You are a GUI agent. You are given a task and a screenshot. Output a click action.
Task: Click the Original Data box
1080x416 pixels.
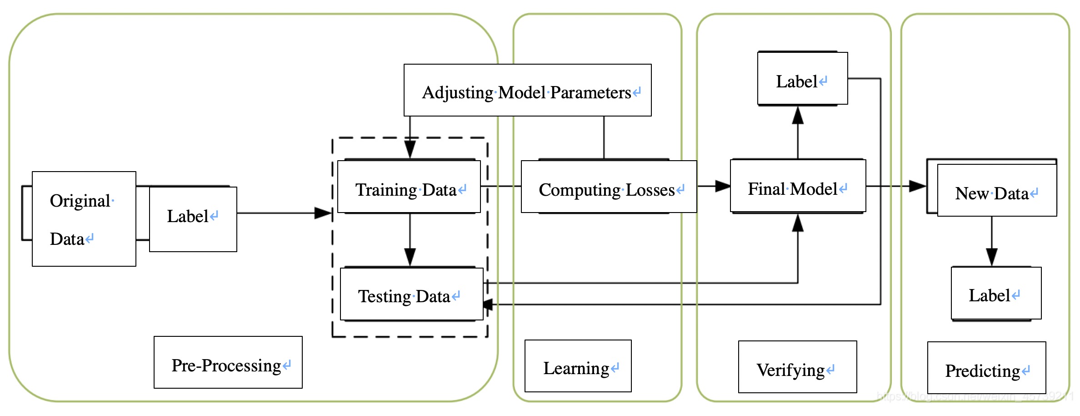84,219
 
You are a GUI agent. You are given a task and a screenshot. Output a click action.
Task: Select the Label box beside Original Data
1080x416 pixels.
193,219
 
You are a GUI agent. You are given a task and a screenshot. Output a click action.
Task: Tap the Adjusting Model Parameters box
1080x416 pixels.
528,90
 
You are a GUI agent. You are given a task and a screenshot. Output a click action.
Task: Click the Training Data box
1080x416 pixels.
409,187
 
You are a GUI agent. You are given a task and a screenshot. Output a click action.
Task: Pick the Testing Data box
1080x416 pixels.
411,294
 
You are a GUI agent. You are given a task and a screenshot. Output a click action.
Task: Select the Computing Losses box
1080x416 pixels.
609,187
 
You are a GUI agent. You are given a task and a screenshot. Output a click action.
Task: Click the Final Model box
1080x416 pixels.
798,186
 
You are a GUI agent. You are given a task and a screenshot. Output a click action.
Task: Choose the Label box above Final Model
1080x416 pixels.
803,78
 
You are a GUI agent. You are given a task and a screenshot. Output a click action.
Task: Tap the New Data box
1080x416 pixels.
997,190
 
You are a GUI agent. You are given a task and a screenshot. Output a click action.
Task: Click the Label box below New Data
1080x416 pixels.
996,293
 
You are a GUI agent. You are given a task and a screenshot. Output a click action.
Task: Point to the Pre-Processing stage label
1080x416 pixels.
228,362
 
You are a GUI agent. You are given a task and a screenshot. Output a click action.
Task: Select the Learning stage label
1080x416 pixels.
578,366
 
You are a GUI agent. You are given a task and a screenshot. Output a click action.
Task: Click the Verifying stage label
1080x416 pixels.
798,367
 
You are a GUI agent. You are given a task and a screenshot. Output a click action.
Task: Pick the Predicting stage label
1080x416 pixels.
987,368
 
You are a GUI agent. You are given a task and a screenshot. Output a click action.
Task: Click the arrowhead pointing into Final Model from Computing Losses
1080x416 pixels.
723,186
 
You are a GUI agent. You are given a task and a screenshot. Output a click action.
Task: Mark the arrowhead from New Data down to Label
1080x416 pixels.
992,258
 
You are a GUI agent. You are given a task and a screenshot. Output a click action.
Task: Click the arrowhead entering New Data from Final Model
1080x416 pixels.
918,186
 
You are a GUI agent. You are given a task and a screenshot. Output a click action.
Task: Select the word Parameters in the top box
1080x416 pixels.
591,93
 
